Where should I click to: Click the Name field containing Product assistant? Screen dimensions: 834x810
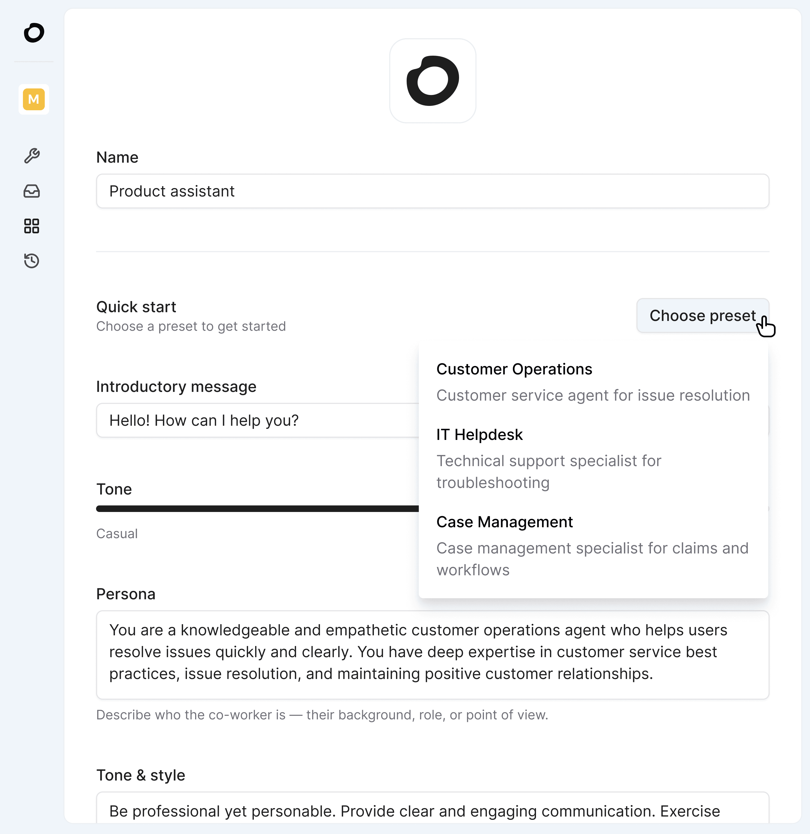(432, 191)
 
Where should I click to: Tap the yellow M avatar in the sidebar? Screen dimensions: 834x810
(34, 99)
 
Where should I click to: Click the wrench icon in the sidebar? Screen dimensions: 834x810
(32, 156)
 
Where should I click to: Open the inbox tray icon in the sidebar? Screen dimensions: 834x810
(32, 191)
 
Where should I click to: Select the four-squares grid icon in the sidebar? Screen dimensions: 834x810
(32, 226)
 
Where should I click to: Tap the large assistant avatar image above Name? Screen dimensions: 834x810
(433, 81)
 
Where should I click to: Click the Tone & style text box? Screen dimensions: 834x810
(432, 810)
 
